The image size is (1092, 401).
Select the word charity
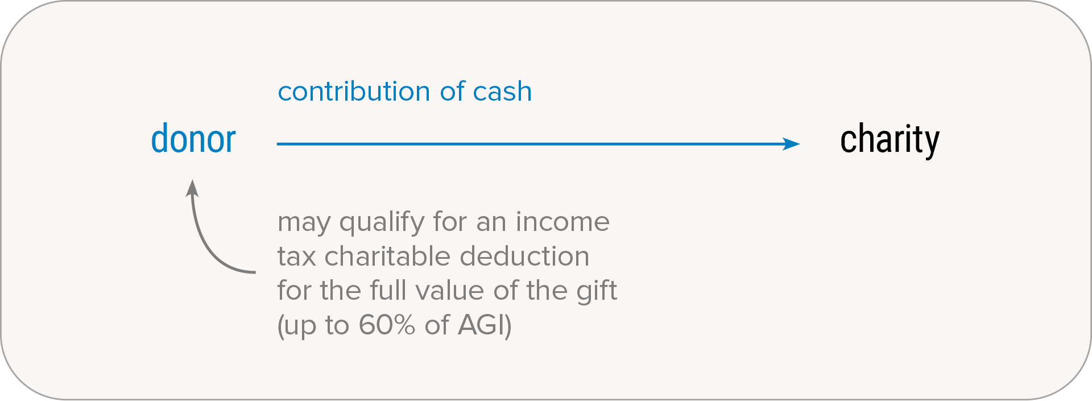point(890,140)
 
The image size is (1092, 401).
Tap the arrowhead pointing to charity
point(791,144)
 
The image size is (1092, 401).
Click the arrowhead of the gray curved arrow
point(192,188)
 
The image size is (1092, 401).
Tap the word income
point(562,221)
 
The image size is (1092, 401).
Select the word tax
point(296,257)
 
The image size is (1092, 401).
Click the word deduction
point(524,256)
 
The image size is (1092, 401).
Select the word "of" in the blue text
point(452,91)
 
